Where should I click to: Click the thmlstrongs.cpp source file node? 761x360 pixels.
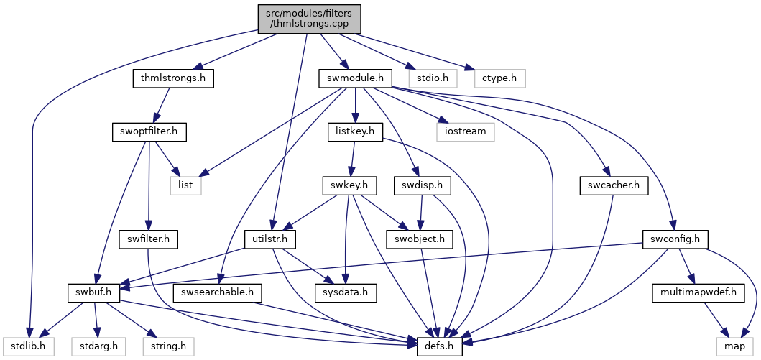[310, 19]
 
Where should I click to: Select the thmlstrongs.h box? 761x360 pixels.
[173, 78]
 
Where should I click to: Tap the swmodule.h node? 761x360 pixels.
[355, 78]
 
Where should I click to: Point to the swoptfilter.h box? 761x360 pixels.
[149, 132]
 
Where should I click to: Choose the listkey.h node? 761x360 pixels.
[356, 132]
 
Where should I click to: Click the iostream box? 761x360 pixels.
[466, 132]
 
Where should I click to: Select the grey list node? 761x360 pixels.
[185, 185]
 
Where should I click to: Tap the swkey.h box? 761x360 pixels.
[349, 185]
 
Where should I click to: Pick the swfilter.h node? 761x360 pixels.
[149, 239]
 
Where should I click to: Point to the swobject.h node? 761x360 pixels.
[420, 239]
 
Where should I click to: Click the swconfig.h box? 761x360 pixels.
[675, 239]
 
